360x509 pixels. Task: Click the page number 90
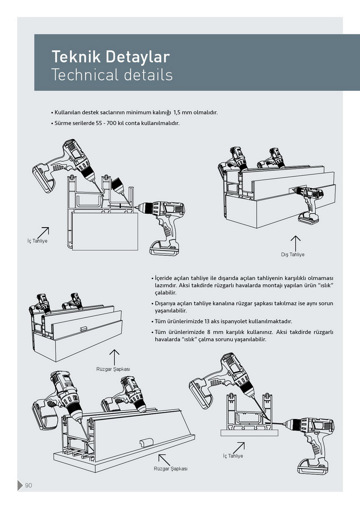[x=28, y=485]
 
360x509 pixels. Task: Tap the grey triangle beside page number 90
[x=20, y=485]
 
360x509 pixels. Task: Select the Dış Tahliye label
[x=292, y=255]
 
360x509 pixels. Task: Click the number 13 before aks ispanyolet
[x=207, y=321]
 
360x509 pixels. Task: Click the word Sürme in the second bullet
[x=62, y=123]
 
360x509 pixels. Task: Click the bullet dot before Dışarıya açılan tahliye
[x=152, y=304]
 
